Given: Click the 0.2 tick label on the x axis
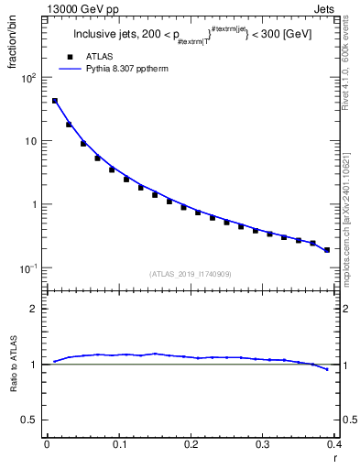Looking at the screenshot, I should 191,444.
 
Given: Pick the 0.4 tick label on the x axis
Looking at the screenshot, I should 334,444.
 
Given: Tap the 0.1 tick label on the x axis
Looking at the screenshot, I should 119,444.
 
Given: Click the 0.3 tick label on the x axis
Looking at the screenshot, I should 263,444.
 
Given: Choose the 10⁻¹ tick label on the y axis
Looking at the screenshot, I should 28,268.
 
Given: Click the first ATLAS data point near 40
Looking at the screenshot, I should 55,101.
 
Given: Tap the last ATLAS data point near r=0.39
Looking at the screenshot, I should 327,249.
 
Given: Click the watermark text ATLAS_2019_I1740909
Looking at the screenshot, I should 190,274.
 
